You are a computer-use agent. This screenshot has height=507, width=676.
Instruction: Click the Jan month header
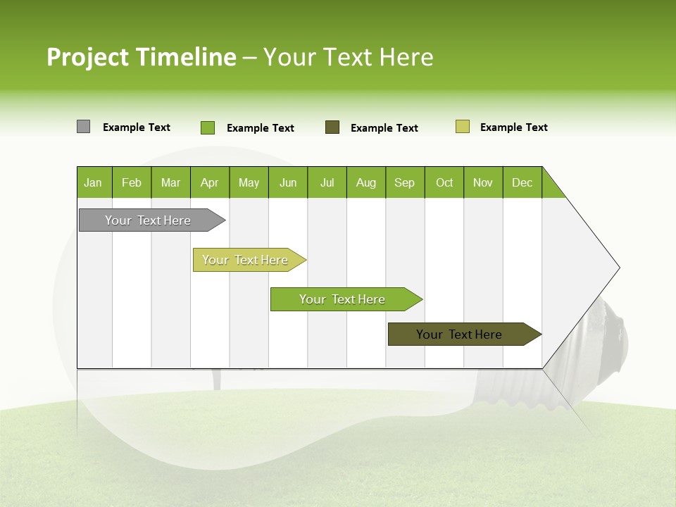[x=94, y=182]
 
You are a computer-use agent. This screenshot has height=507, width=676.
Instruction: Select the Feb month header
[x=132, y=182]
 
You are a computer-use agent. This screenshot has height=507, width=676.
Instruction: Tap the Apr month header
[x=209, y=182]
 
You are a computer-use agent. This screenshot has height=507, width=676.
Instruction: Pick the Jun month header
[x=288, y=182]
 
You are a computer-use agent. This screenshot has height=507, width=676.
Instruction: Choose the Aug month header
[x=365, y=182]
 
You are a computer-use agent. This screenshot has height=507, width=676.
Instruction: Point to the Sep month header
[x=404, y=182]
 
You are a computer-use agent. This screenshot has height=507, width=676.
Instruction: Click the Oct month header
[x=444, y=182]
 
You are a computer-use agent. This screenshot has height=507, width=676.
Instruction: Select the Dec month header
[x=522, y=182]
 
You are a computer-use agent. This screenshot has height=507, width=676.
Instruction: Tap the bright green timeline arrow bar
[x=343, y=299]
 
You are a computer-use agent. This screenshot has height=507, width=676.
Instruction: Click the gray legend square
[x=83, y=127]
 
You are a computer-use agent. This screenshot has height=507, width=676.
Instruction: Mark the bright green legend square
[x=207, y=127]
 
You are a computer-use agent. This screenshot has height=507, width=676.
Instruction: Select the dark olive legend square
[x=332, y=127]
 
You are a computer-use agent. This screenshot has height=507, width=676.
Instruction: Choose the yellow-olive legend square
[x=462, y=127]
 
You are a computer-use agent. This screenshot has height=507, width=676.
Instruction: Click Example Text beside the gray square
[x=137, y=127]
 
